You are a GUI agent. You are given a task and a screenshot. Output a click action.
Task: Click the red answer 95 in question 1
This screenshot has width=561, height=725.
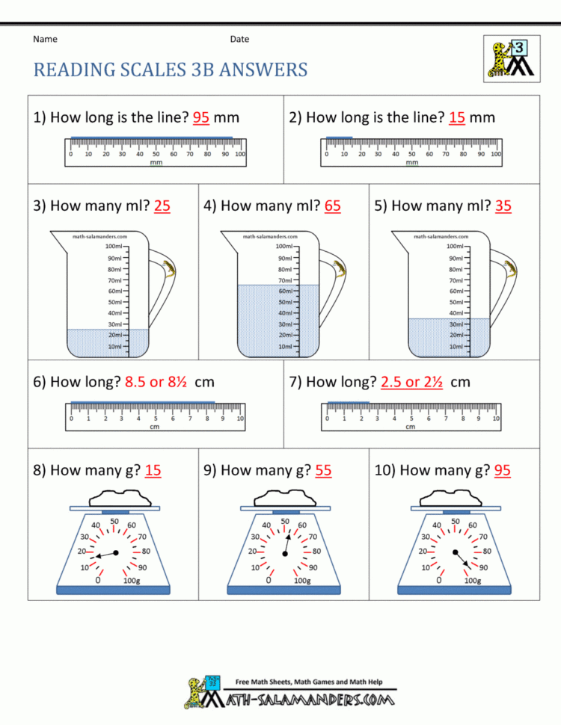pos(200,117)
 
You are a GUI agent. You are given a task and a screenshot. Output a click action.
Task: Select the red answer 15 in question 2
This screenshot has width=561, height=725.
pos(457,117)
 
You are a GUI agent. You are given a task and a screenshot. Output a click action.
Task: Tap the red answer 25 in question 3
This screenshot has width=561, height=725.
pos(162,206)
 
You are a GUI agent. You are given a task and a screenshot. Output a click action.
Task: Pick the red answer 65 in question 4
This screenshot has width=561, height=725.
pos(333,206)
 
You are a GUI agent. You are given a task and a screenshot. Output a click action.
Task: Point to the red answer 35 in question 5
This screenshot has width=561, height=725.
pos(503,206)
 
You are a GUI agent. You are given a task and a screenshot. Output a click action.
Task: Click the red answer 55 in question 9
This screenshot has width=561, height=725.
pos(324,470)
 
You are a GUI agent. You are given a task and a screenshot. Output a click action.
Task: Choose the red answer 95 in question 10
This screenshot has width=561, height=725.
pos(503,470)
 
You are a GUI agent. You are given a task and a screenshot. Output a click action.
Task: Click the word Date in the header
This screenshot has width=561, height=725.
pos(239,39)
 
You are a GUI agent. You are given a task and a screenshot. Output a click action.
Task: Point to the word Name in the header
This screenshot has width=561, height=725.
pos(45,39)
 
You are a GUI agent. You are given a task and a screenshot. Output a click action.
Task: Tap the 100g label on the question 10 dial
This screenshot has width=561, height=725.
pos(473,580)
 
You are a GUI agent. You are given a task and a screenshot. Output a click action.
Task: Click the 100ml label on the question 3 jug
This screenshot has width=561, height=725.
pos(114,246)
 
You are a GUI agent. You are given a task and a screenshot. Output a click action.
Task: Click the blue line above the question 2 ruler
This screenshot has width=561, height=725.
pos(339,138)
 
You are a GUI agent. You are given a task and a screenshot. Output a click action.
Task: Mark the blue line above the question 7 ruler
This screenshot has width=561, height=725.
pos(348,403)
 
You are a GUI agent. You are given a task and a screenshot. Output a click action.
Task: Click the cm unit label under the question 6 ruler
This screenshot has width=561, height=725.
pos(155,427)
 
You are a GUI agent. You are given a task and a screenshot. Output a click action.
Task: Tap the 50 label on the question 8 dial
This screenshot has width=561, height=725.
pos(114,522)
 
